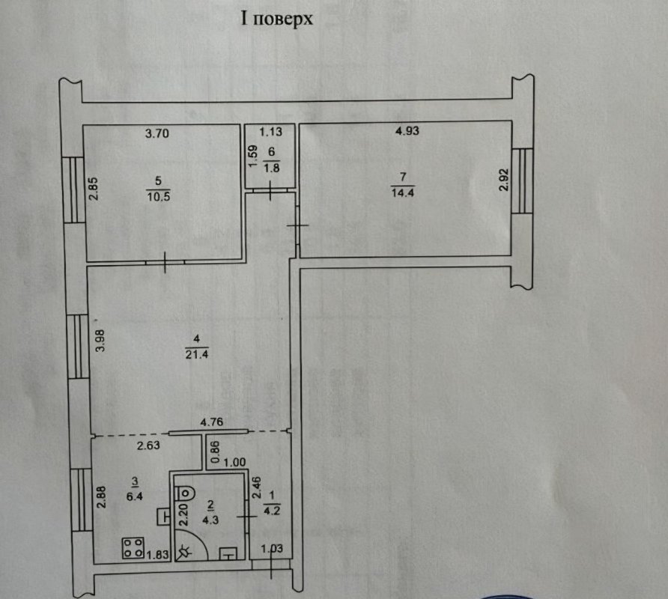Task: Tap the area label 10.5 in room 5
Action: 159,196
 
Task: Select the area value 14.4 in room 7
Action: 403,192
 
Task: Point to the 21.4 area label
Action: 197,354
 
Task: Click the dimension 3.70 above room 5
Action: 157,133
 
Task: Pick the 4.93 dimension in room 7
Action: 407,131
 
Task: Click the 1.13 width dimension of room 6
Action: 271,132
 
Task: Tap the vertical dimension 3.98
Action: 100,341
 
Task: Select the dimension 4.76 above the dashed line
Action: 212,422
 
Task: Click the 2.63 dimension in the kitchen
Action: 148,446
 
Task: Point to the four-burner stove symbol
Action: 133,548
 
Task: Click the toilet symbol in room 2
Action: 184,493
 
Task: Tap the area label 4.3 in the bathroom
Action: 210,520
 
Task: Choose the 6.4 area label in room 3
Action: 135,496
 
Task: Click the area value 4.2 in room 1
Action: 272,511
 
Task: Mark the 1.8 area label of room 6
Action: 271,168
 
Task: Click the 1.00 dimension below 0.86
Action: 234,462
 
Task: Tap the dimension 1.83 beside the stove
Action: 157,554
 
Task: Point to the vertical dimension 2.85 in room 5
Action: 94,188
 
